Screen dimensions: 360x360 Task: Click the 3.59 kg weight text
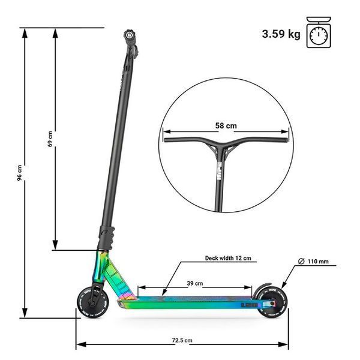281,34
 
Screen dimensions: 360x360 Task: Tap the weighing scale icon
319,32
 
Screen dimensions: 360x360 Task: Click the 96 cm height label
20,172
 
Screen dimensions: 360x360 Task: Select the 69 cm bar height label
50,139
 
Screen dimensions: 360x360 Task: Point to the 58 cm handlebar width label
226,125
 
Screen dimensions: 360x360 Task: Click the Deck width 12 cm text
228,258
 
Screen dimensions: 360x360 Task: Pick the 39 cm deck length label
194,283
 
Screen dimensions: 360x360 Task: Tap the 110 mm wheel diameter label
313,261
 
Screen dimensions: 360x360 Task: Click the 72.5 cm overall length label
182,340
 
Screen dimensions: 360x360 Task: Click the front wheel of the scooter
93,302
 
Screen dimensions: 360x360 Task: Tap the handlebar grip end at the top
129,35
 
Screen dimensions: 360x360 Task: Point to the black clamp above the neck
106,238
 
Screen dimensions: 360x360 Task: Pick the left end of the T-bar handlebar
165,140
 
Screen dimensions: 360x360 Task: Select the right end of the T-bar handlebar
286,140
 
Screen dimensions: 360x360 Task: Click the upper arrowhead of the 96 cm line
25,33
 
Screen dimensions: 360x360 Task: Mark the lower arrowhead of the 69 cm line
55,245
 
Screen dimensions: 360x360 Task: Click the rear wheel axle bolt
272,304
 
